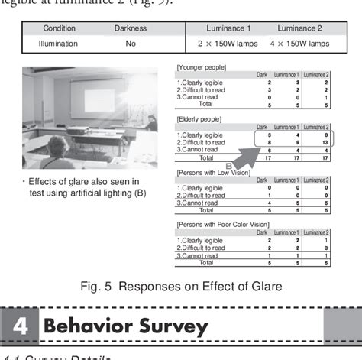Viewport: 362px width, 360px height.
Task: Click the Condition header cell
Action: [58, 28]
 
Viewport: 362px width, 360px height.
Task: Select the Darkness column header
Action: [131, 28]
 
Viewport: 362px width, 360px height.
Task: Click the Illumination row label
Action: [59, 44]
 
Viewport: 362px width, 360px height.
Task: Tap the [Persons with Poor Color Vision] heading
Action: [221, 225]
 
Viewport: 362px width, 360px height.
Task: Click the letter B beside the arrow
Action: [228, 165]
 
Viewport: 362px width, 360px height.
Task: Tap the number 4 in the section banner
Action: [21, 326]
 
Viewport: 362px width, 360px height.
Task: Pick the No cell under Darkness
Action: [131, 44]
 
